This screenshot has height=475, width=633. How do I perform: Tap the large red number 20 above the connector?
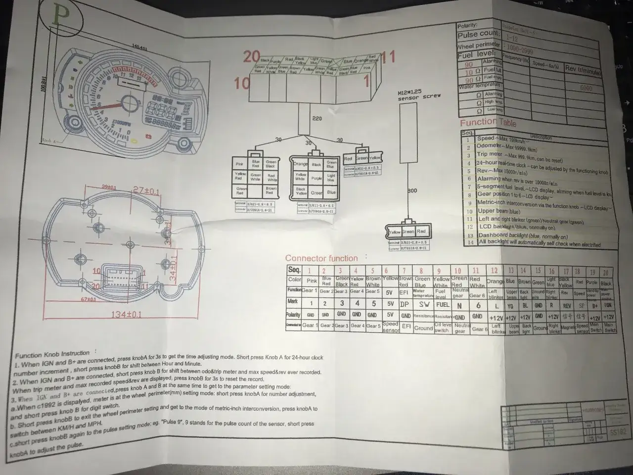251,57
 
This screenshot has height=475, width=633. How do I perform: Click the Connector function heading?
321,258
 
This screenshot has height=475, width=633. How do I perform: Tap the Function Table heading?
488,122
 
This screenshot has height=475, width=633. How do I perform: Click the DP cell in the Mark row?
405,304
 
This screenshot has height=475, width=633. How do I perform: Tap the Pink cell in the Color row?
311,281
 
